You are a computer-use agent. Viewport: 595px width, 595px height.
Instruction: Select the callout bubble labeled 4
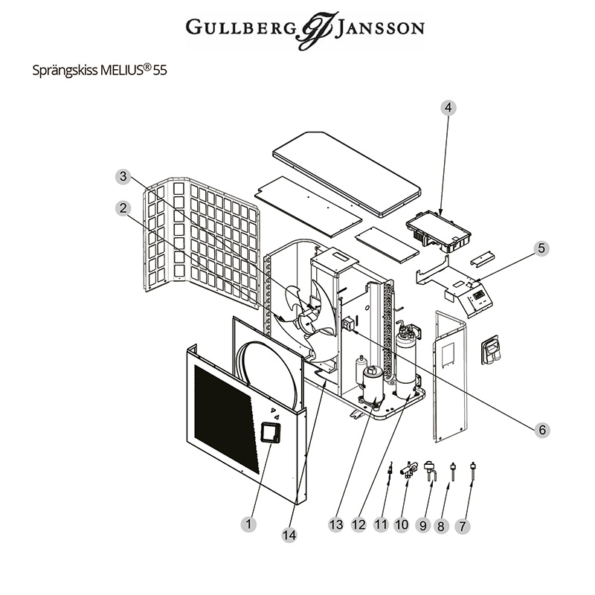(448, 108)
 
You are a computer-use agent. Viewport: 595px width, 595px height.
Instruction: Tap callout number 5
(541, 248)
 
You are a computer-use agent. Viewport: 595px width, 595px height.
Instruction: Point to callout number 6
(542, 429)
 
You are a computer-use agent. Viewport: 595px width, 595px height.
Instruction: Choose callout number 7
(463, 526)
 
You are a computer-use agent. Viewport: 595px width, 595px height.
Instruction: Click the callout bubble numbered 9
(423, 526)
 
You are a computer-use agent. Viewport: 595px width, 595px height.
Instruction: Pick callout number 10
(402, 525)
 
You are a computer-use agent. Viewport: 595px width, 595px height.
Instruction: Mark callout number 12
(358, 525)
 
